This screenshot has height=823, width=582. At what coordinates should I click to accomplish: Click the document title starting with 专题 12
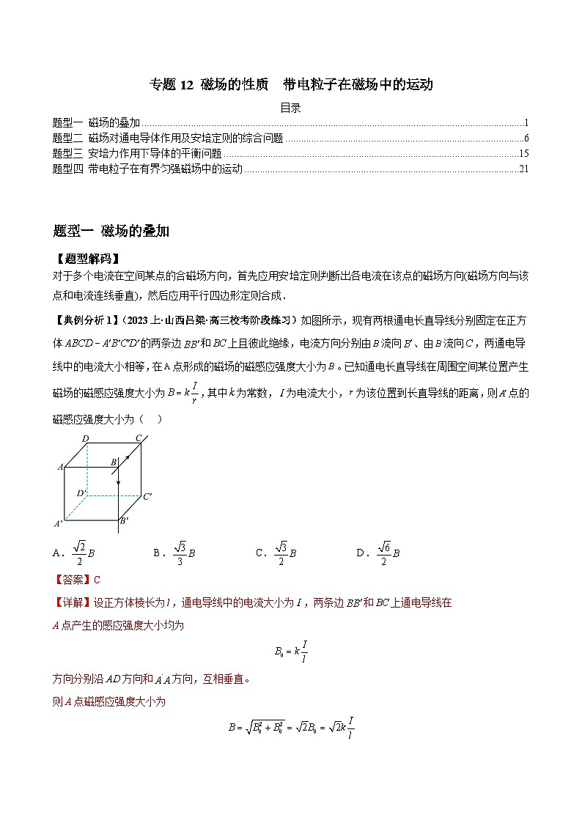[x=291, y=84]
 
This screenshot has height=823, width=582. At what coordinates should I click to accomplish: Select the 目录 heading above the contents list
[x=291, y=108]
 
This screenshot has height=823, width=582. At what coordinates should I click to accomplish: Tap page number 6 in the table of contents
[x=526, y=139]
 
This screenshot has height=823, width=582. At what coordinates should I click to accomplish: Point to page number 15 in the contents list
[x=523, y=154]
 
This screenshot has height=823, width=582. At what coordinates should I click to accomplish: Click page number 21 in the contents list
[x=523, y=169]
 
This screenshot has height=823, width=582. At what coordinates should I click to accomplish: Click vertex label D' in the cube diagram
[x=82, y=493]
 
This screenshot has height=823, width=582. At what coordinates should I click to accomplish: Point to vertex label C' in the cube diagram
[x=147, y=497]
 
